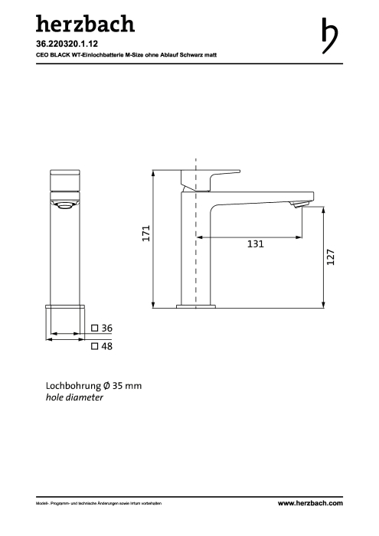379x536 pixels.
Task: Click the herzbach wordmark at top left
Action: [x=85, y=24]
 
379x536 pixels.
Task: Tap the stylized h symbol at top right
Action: [x=329, y=36]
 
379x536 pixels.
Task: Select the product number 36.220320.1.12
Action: [x=67, y=44]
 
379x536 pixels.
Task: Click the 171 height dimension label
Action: [x=146, y=233]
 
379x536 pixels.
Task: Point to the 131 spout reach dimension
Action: [x=255, y=243]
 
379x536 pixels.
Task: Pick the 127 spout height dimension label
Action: [x=331, y=257]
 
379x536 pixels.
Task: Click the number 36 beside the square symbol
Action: [x=106, y=328]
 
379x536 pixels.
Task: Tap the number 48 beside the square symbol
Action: [x=106, y=346]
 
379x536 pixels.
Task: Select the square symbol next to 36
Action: [x=95, y=328]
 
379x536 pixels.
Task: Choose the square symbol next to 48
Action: [x=95, y=346]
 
